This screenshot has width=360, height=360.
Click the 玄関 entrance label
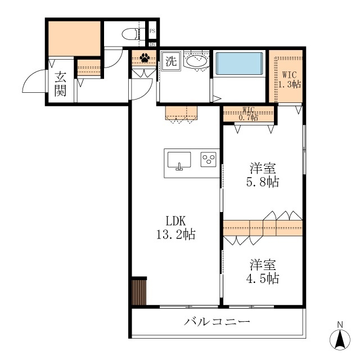[61, 84]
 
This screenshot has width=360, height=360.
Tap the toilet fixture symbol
[132, 33]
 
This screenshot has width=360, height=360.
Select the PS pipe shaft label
[152, 31]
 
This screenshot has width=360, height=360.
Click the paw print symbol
[145, 57]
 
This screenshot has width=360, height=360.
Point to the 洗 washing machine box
[170, 60]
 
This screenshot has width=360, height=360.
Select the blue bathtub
[240, 64]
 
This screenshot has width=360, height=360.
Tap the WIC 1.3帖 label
[289, 79]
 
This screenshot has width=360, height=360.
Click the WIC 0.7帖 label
[249, 114]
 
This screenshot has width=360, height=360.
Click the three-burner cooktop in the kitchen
[209, 160]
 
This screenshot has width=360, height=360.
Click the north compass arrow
[340, 340]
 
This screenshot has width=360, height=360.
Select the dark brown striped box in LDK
[139, 292]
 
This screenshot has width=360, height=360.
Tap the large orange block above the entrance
[74, 38]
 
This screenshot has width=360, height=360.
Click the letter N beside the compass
[340, 325]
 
